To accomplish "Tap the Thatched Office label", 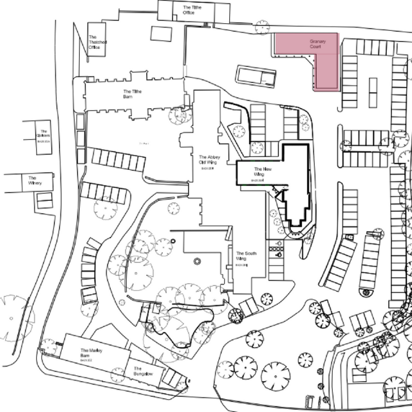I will tap(94, 42).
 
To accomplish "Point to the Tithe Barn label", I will tap(132, 94).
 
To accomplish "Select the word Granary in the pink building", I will tap(317, 42).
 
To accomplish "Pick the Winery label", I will tap(32, 180).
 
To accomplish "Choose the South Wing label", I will tap(246, 256).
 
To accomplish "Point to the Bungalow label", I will tap(142, 373).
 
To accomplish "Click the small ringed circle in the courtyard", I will tap(198, 261).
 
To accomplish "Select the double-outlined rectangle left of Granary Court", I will tap(256, 75).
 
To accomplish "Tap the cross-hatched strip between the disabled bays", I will tap(278, 251).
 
